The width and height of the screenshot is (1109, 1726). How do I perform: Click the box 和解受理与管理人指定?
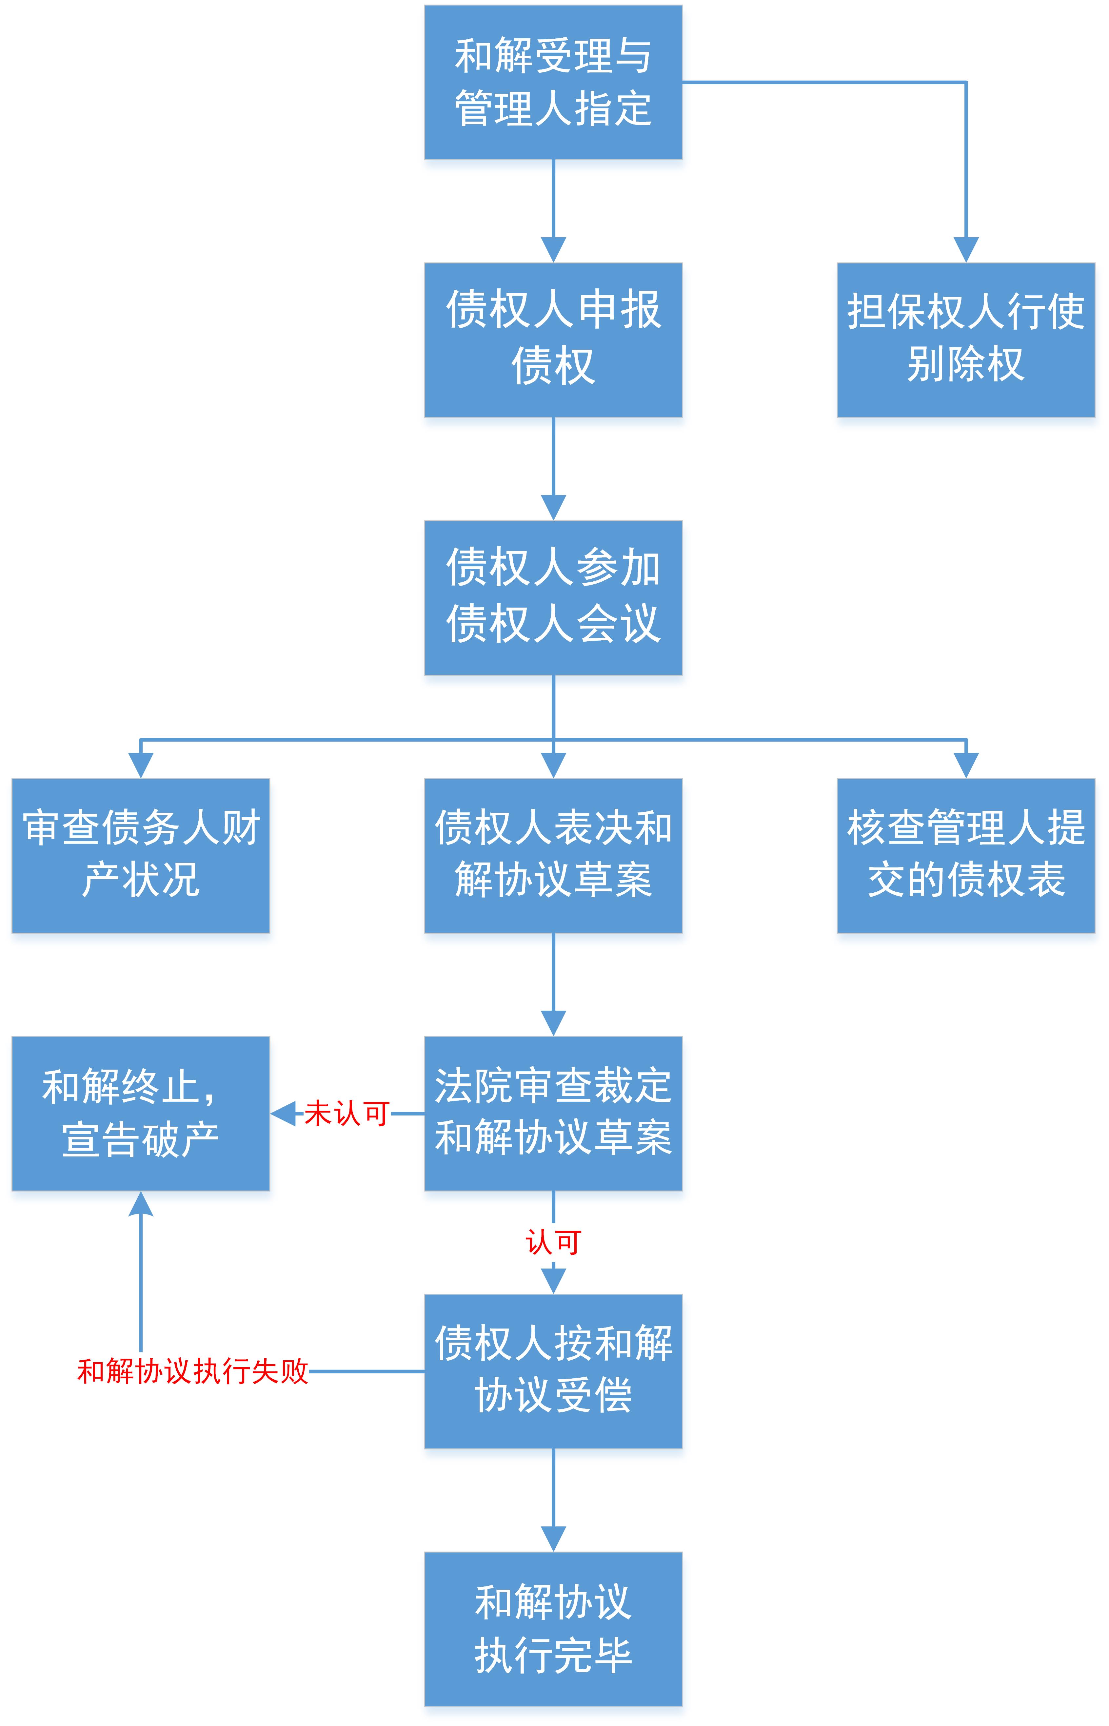(x=553, y=82)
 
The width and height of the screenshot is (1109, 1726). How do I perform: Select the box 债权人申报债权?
(x=553, y=340)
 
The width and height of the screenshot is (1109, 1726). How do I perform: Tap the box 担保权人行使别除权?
(x=966, y=340)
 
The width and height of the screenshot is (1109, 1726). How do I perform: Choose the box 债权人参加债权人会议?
(x=553, y=597)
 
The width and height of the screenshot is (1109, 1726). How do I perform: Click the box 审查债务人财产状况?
(x=140, y=855)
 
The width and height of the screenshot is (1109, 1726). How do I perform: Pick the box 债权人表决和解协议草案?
(x=553, y=855)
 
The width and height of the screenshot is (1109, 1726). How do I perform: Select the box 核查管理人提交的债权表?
(x=966, y=855)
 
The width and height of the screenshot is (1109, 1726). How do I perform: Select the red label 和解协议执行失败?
(x=193, y=1371)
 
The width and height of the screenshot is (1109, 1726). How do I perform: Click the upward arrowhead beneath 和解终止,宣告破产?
(x=140, y=1203)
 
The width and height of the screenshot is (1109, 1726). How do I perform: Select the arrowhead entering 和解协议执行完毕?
(x=553, y=1539)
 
